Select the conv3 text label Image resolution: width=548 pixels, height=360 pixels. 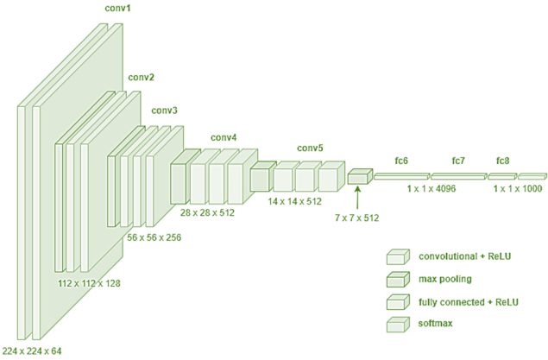(165, 111)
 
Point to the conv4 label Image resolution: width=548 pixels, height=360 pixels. (224, 137)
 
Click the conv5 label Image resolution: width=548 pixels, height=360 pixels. (310, 148)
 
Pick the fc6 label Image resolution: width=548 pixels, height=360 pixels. (401, 161)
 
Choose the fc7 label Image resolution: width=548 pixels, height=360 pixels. (458, 161)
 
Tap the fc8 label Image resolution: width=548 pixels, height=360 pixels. (503, 161)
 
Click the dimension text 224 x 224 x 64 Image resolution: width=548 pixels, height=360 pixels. (33, 351)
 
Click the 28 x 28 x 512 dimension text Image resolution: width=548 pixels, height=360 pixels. (211, 212)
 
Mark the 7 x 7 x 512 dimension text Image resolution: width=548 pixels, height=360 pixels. (357, 218)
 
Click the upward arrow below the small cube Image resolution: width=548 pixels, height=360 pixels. (356, 198)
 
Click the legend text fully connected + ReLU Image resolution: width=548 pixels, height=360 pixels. (468, 300)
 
